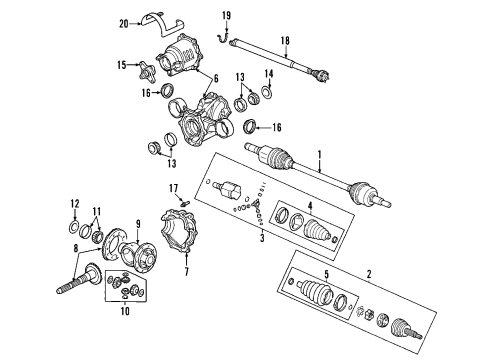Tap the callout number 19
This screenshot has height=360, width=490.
(226, 15)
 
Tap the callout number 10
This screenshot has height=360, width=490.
(126, 309)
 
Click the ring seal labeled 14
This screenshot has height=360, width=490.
(267, 96)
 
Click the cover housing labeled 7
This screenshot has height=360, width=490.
(180, 235)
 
